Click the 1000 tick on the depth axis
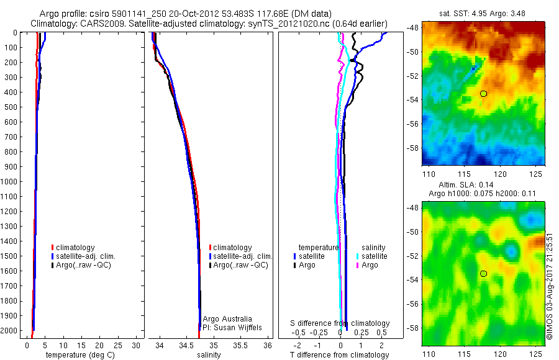[x=11, y=181]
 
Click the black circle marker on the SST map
[x=483, y=94]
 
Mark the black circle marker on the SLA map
[x=483, y=274]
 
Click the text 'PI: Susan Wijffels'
[x=233, y=327]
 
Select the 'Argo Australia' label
[x=228, y=318]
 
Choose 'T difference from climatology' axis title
[x=339, y=355]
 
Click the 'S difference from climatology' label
[x=340, y=323]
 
